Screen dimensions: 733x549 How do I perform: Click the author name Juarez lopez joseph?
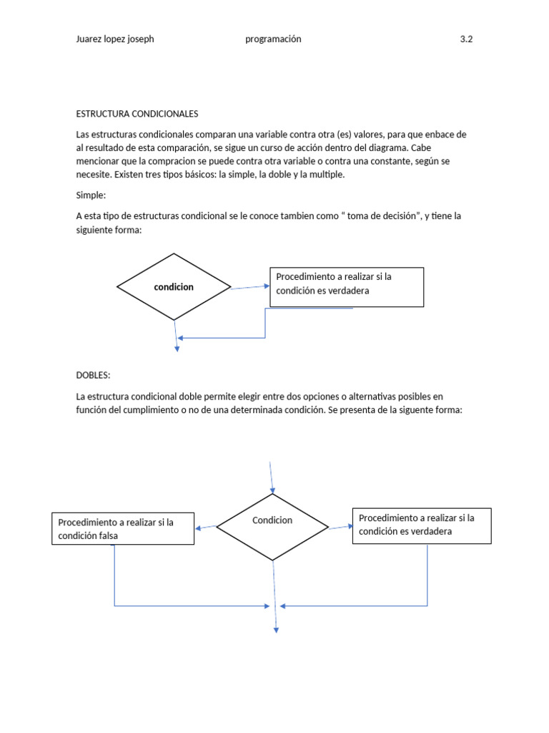[114, 39]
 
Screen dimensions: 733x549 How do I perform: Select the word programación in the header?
[273, 39]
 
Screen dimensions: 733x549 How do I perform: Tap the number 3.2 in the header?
[466, 39]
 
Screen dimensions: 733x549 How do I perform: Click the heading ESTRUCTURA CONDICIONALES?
[137, 114]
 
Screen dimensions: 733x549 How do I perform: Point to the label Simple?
[90, 195]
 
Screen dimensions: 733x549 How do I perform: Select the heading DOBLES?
[93, 375]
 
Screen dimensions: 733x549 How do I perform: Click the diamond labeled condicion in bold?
[174, 287]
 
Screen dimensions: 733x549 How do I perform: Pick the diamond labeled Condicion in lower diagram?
[272, 527]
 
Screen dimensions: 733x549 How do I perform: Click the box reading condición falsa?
[123, 529]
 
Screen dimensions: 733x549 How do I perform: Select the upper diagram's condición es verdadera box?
[346, 287]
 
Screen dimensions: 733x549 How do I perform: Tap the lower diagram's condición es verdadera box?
[422, 526]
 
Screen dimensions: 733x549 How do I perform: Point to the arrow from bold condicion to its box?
[250, 287]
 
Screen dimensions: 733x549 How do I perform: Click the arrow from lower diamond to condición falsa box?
[206, 528]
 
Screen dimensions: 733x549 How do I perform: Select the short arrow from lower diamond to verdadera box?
[341, 525]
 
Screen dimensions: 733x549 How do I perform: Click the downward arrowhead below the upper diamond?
[177, 348]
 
